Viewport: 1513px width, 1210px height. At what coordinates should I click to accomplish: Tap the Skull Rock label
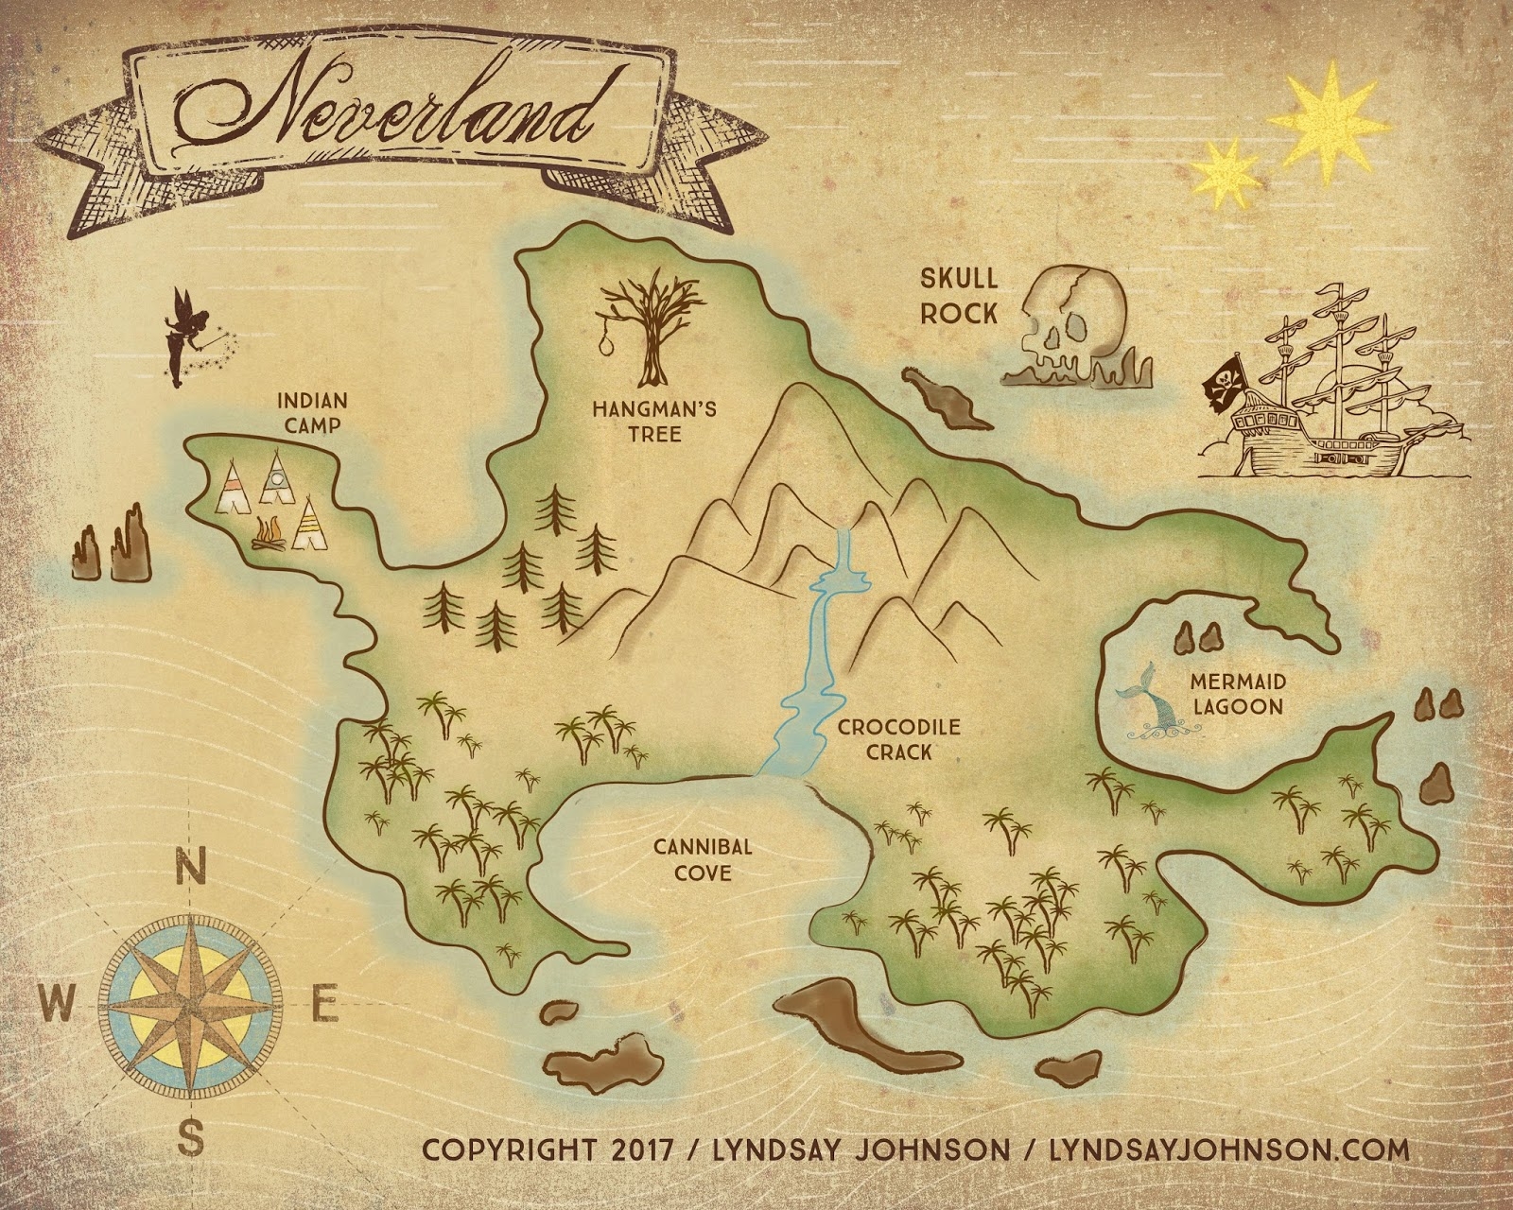click(x=959, y=295)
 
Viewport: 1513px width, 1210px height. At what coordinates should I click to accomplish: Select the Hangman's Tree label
click(x=654, y=422)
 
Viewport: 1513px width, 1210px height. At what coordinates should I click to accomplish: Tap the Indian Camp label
click(x=312, y=413)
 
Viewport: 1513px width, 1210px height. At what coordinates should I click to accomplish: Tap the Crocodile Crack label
click(x=885, y=739)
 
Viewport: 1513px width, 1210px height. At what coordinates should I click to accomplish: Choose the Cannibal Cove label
click(x=703, y=858)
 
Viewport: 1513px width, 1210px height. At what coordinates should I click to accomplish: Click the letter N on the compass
click(x=192, y=867)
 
